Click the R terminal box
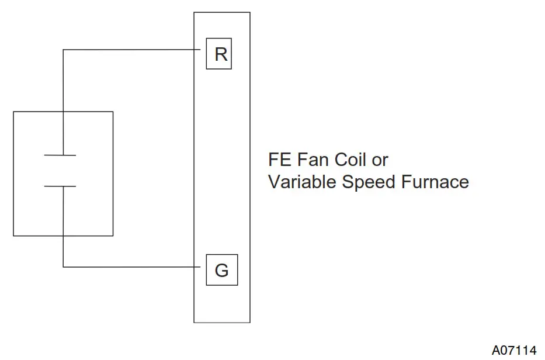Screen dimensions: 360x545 click(219, 54)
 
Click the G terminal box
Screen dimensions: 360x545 click(221, 271)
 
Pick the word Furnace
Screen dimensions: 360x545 click(435, 182)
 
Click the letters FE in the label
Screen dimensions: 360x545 click(278, 160)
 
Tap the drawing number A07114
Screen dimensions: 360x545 click(513, 350)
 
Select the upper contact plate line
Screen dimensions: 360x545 click(61, 155)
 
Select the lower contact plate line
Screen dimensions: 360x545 click(61, 186)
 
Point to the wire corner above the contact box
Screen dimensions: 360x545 click(63, 50)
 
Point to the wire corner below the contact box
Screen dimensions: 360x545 click(63, 267)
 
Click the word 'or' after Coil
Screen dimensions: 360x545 click(380, 160)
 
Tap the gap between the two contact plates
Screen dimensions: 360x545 click(61, 171)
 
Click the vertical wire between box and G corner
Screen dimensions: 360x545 click(63, 251)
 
